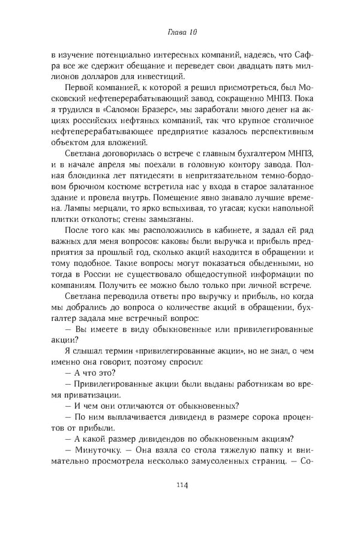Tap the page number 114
tap(179, 485)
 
